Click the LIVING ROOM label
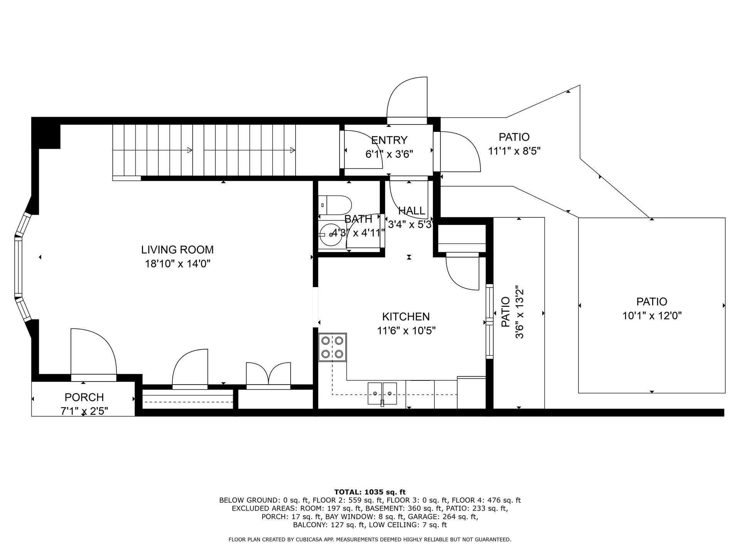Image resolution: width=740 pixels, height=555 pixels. point(177,250)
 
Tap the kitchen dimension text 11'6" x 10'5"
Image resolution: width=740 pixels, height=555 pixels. point(406,331)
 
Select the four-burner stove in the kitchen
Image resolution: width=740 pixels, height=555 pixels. point(332,347)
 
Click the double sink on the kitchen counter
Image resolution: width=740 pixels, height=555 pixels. point(382,393)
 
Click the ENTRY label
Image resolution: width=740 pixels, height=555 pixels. point(389,140)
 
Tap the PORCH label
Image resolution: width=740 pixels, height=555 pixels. point(84,397)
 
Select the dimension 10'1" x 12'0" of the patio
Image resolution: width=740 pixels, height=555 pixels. point(652,316)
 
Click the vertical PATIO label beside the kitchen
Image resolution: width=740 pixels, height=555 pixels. point(505,312)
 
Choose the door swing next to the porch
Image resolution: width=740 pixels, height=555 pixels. point(93,351)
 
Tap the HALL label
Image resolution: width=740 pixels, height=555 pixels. point(411,211)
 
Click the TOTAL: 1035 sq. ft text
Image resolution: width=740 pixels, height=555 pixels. point(370,492)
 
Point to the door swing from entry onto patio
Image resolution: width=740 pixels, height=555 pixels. point(459,151)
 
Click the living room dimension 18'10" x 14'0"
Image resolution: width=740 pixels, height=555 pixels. point(177,264)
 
